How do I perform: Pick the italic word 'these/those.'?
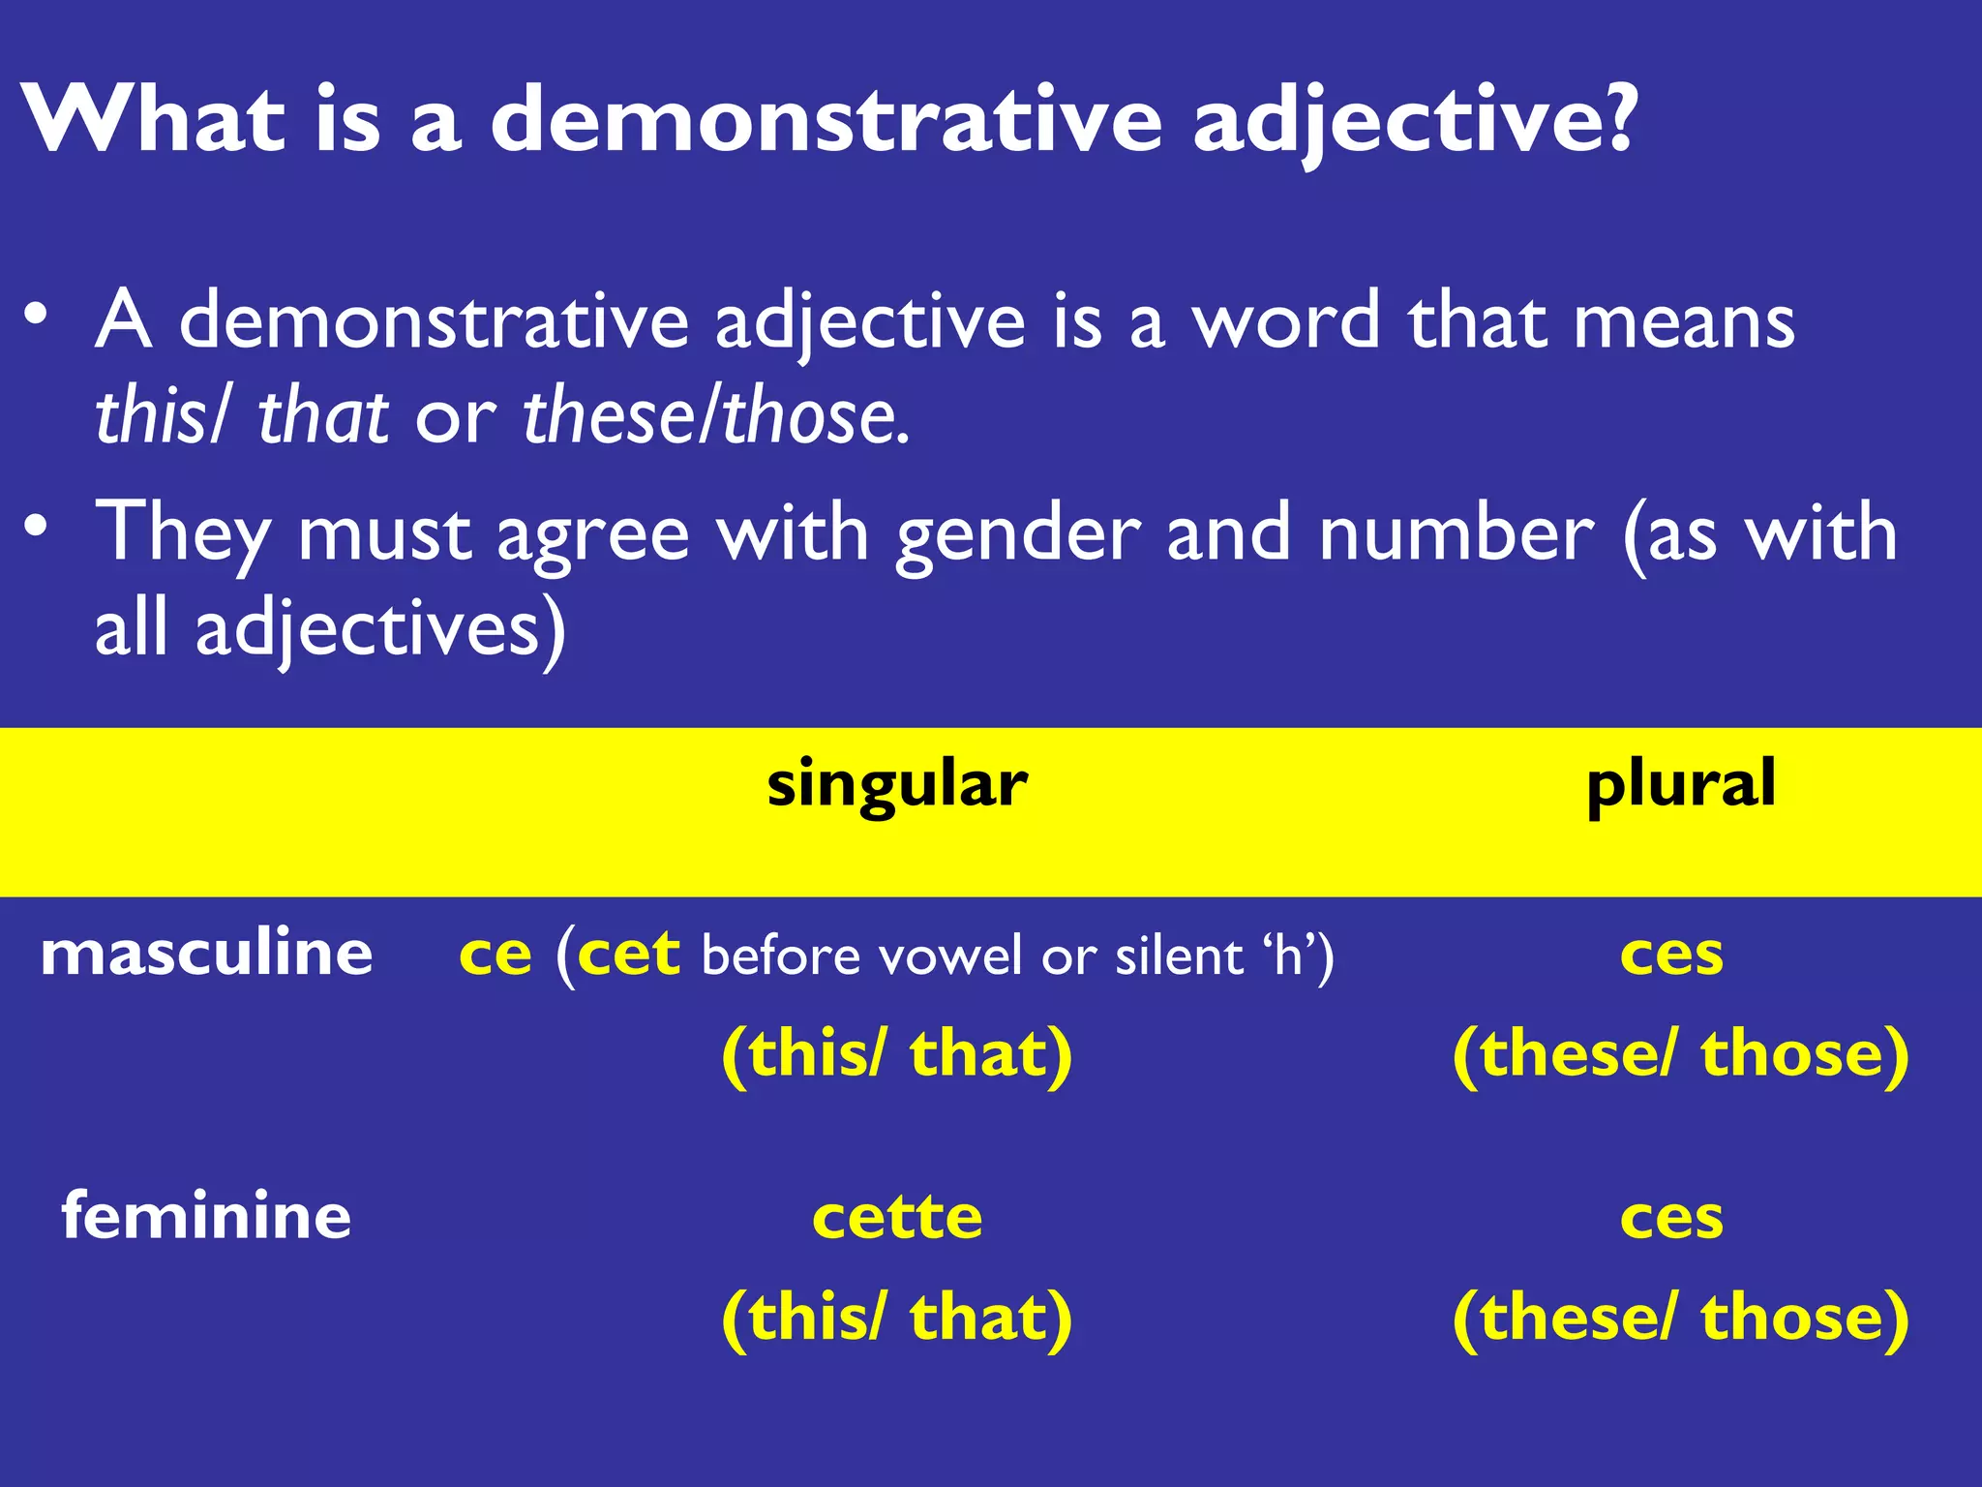pyautogui.click(x=716, y=416)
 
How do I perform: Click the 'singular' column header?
pyautogui.click(x=896, y=785)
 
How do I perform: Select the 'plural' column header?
pyautogui.click(x=1681, y=785)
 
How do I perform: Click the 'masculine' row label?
pyautogui.click(x=206, y=953)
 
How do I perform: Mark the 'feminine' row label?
pyautogui.click(x=206, y=1216)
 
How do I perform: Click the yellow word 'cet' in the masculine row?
pyautogui.click(x=628, y=955)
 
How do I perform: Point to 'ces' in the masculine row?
pyautogui.click(x=1671, y=956)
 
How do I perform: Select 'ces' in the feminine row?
pyautogui.click(x=1671, y=1218)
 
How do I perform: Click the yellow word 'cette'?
pyautogui.click(x=897, y=1217)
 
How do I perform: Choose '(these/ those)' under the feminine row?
pyautogui.click(x=1681, y=1318)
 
